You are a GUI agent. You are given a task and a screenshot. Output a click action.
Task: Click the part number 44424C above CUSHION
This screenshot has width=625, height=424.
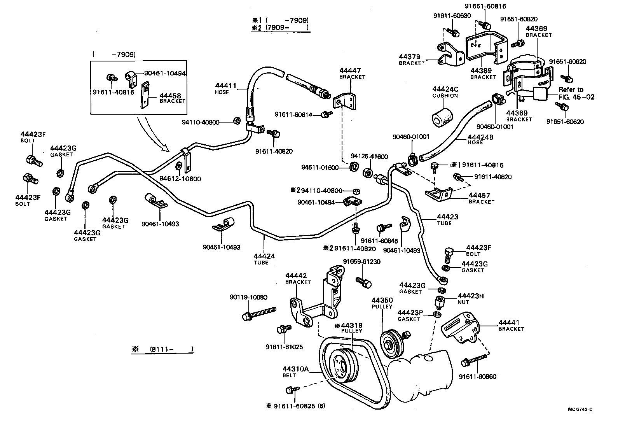click(x=445, y=89)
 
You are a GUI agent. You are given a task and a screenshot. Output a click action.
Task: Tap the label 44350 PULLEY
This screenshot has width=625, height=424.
click(x=382, y=303)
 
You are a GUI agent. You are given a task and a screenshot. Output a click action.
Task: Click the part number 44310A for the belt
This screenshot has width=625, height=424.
click(x=295, y=369)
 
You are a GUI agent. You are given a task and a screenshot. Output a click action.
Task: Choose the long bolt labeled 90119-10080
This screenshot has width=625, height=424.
click(x=258, y=313)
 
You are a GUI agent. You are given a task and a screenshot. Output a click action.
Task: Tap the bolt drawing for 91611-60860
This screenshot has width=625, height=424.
click(x=475, y=360)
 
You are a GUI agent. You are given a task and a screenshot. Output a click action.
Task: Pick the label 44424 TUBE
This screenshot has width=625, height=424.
click(x=264, y=259)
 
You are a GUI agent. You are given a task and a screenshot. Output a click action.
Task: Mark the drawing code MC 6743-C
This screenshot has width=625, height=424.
click(x=580, y=409)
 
